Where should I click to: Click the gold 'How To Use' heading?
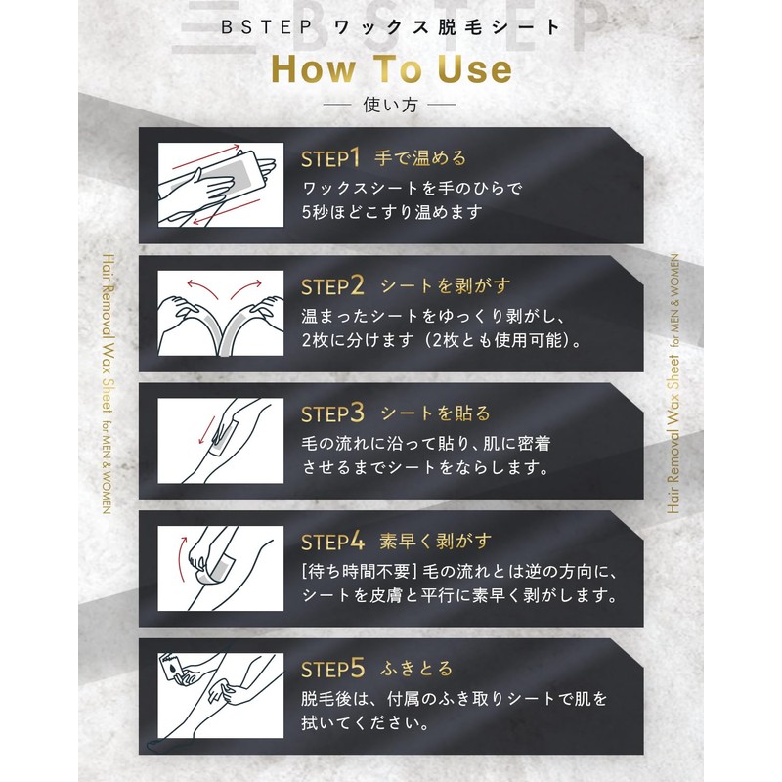click(392, 68)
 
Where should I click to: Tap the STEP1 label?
click(330, 158)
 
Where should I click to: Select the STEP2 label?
click(332, 286)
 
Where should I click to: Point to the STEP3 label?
click(332, 413)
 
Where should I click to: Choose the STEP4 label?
click(332, 542)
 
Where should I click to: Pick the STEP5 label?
click(332, 669)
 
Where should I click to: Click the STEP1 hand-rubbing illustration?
click(221, 185)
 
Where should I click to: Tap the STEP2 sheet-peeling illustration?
click(221, 313)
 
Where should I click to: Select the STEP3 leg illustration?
click(221, 441)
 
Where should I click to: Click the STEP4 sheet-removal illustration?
click(221, 568)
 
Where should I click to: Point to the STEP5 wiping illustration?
click(221, 696)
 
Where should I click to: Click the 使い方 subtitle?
click(390, 105)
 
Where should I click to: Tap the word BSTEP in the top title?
click(266, 27)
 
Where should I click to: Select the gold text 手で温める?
click(420, 158)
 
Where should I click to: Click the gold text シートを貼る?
click(435, 413)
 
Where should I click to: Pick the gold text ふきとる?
click(416, 669)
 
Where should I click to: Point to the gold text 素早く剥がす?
click(435, 541)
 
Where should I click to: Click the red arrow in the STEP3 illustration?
click(206, 430)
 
